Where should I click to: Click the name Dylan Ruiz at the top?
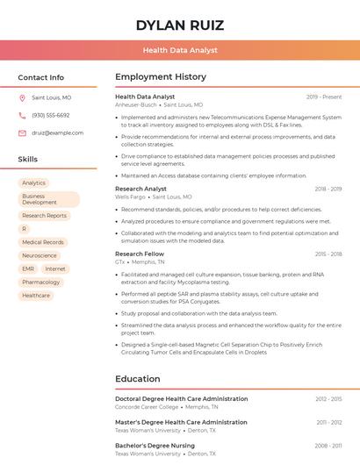(x=180, y=25)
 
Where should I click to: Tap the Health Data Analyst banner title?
(x=180, y=51)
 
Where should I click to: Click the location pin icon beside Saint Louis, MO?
(x=22, y=97)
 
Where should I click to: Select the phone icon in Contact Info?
(x=22, y=115)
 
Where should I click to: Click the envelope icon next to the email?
(x=22, y=133)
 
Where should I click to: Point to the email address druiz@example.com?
(x=57, y=133)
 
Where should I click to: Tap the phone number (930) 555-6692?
(x=51, y=115)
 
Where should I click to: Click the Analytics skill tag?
(x=34, y=182)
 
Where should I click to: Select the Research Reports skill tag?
(x=44, y=215)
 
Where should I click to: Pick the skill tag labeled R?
(x=24, y=228)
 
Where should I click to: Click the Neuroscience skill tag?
(x=40, y=255)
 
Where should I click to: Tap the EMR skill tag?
(x=28, y=268)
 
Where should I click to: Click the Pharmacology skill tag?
(x=41, y=282)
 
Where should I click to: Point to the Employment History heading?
(x=161, y=77)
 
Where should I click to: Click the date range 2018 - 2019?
(x=328, y=189)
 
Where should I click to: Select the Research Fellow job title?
(x=140, y=254)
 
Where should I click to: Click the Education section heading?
(x=138, y=379)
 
